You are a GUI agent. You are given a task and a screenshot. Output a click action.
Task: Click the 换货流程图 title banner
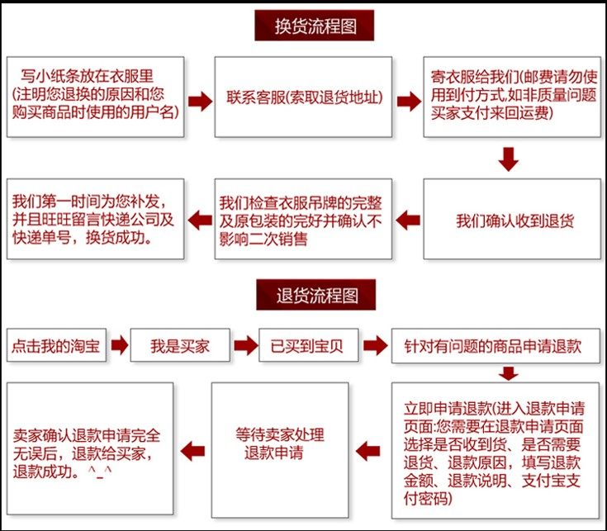(314, 26)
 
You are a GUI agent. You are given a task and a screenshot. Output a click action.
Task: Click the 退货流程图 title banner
(314, 294)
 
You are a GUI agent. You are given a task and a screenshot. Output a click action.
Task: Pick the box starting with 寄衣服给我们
(512, 97)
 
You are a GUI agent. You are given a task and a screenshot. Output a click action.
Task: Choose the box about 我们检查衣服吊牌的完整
(303, 220)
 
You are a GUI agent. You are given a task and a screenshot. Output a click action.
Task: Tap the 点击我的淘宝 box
(56, 347)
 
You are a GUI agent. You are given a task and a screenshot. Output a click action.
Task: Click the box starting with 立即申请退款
(495, 453)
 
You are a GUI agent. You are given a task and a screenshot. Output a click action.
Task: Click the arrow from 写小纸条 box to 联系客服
(199, 100)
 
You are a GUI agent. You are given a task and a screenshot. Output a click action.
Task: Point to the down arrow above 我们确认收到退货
(509, 159)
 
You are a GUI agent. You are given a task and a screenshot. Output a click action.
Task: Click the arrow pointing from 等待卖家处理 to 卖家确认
(192, 450)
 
